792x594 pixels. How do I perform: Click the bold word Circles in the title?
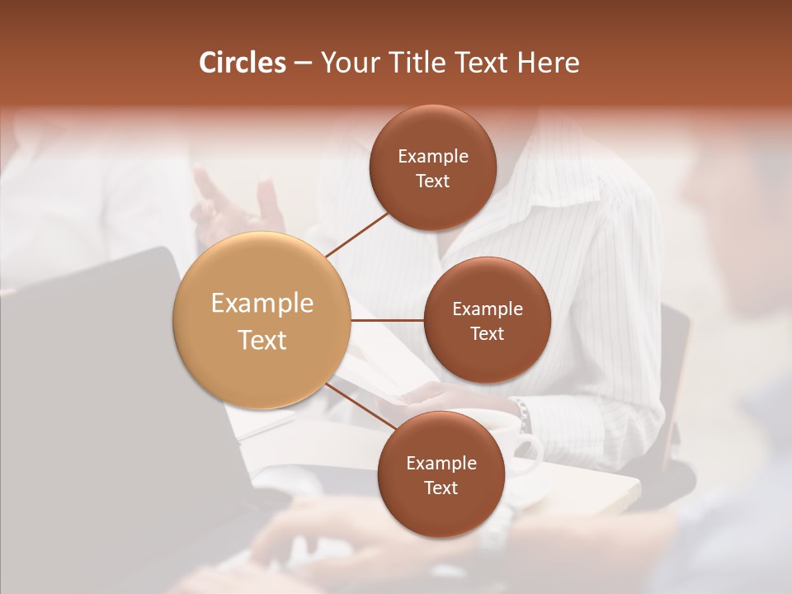(x=242, y=63)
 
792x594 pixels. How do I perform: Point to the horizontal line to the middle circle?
(x=388, y=320)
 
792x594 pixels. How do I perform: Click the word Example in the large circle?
(x=262, y=304)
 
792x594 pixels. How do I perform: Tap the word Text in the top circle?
(x=432, y=181)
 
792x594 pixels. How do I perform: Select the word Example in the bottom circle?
(x=441, y=463)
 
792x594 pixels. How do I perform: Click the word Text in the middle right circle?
(x=487, y=333)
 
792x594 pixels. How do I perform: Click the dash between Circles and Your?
(x=302, y=63)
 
